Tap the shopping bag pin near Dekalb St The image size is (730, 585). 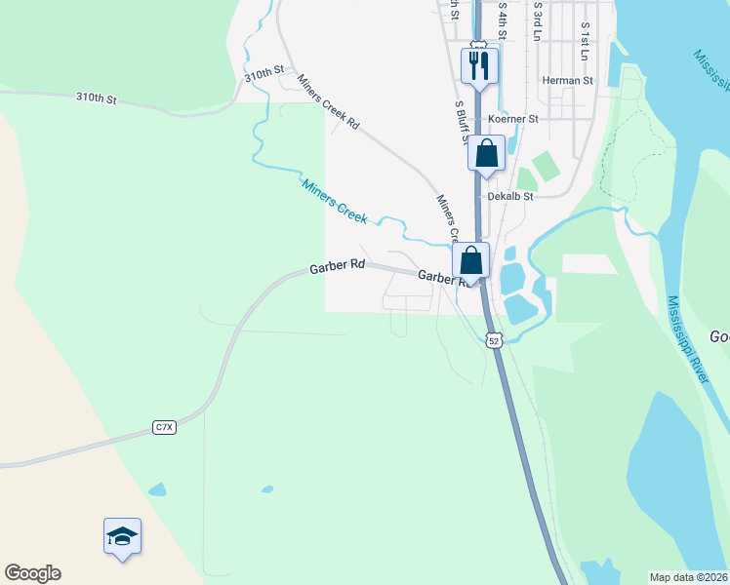point(486,154)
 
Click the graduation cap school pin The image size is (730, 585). point(122,536)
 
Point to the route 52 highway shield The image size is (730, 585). point(494,340)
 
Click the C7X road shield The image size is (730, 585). point(164,427)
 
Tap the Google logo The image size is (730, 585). point(32,573)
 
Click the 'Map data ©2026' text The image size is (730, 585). point(689,577)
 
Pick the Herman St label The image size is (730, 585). point(568,81)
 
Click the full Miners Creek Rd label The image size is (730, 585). point(329,102)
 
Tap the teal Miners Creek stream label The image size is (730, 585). point(335,202)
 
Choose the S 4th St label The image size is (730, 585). point(504,19)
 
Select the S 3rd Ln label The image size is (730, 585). point(538,21)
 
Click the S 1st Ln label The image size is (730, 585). point(585,41)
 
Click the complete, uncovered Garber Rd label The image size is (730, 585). point(337,265)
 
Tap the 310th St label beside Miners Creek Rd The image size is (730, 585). point(264,72)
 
